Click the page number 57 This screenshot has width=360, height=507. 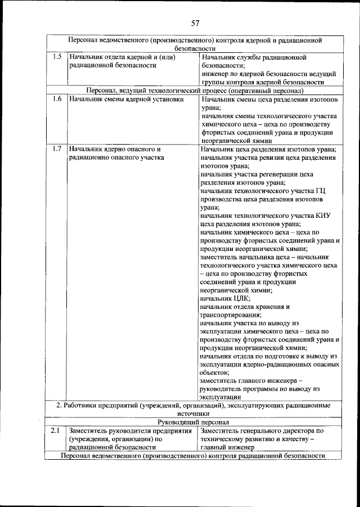tap(195, 23)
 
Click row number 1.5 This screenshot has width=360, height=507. tap(56, 57)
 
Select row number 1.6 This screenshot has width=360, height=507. tap(56, 100)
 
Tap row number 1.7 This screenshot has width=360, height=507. tap(56, 149)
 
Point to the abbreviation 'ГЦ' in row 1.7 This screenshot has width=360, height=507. tap(321, 190)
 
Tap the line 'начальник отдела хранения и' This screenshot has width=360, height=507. tap(245, 307)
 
